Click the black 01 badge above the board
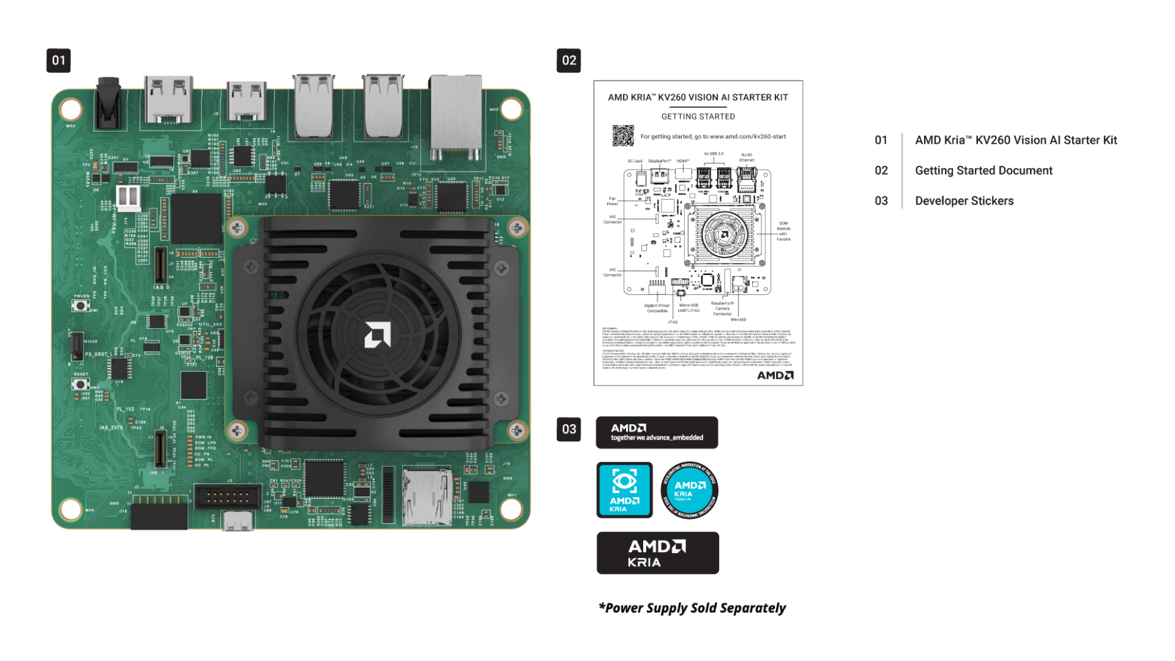point(58,61)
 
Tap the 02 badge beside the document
point(569,61)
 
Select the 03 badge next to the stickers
point(569,429)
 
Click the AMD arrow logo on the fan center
point(377,335)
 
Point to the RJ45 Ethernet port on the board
point(455,116)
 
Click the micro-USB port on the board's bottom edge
point(237,521)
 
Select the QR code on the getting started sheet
point(623,136)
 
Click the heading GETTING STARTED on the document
point(698,116)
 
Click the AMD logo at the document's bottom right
point(775,375)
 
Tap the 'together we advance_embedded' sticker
point(657,433)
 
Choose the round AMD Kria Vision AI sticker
point(689,490)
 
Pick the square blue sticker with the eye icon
point(624,490)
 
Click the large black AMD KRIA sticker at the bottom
point(657,553)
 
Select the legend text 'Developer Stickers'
point(964,201)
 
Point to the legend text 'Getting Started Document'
point(983,171)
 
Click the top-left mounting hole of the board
point(70,109)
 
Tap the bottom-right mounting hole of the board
point(511,508)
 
